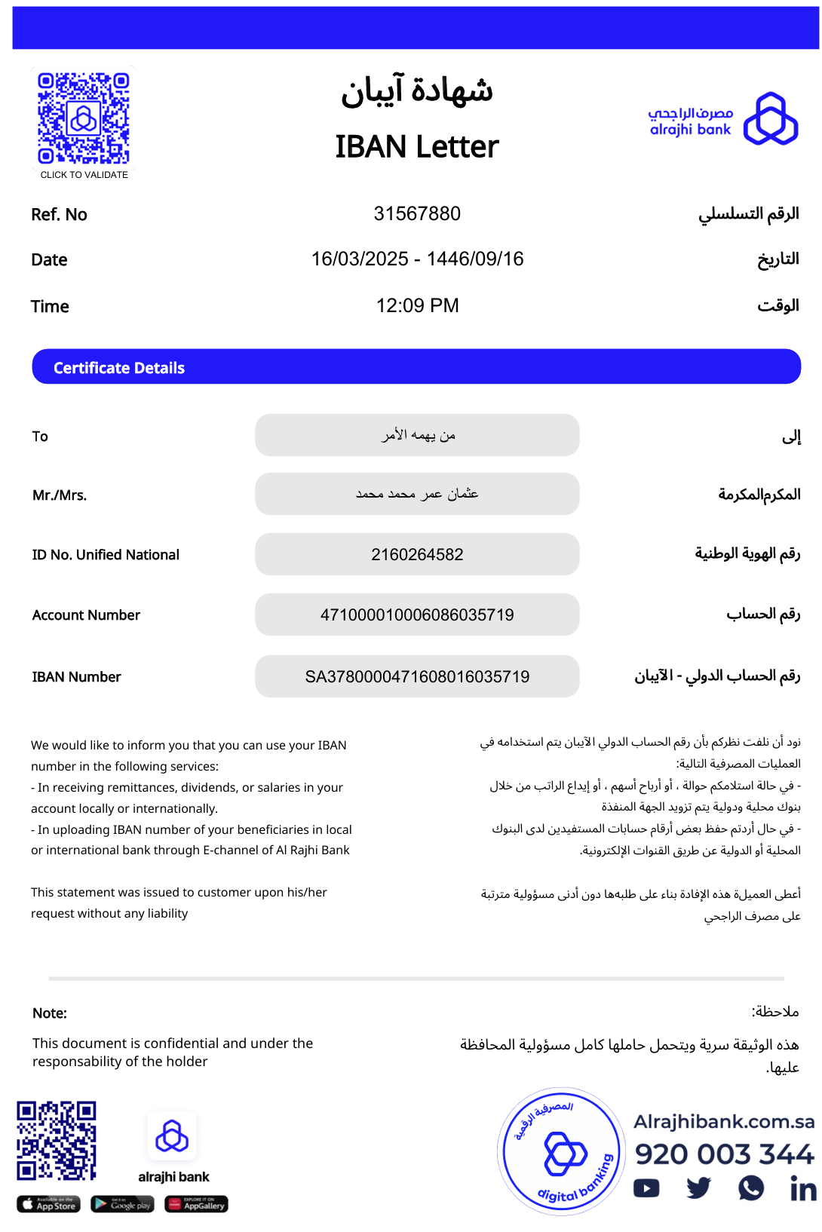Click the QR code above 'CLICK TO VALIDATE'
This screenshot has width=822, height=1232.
84,118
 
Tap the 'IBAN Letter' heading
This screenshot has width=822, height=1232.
417,146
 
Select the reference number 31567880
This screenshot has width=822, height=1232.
417,214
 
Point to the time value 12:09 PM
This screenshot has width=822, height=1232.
417,305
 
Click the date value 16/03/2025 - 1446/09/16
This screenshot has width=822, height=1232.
417,259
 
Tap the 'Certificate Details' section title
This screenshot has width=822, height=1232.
119,368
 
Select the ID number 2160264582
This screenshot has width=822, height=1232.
417,555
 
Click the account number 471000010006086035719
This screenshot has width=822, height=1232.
417,615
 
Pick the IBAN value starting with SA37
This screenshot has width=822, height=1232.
417,677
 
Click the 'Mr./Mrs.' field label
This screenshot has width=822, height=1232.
60,495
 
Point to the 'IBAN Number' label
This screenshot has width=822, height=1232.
76,677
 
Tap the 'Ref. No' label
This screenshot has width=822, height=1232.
59,215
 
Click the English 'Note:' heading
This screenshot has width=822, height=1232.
50,1013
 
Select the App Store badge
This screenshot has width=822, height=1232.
48,1204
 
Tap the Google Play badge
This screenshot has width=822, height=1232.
122,1204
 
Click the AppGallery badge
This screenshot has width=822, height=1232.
196,1204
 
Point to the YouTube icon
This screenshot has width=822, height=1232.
646,1189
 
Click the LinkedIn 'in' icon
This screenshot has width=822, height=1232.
802,1189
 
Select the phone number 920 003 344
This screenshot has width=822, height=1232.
724,1154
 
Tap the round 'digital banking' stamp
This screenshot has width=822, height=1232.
562,1151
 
